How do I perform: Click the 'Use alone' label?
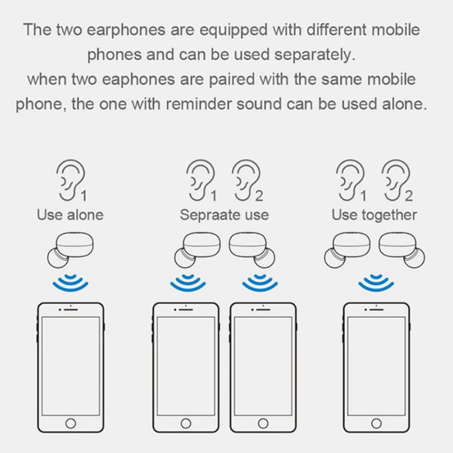[70, 215]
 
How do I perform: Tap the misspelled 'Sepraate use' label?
[224, 215]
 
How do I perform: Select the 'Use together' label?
[374, 215]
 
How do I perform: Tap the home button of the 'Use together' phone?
[377, 424]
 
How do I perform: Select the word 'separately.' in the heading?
[315, 55]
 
